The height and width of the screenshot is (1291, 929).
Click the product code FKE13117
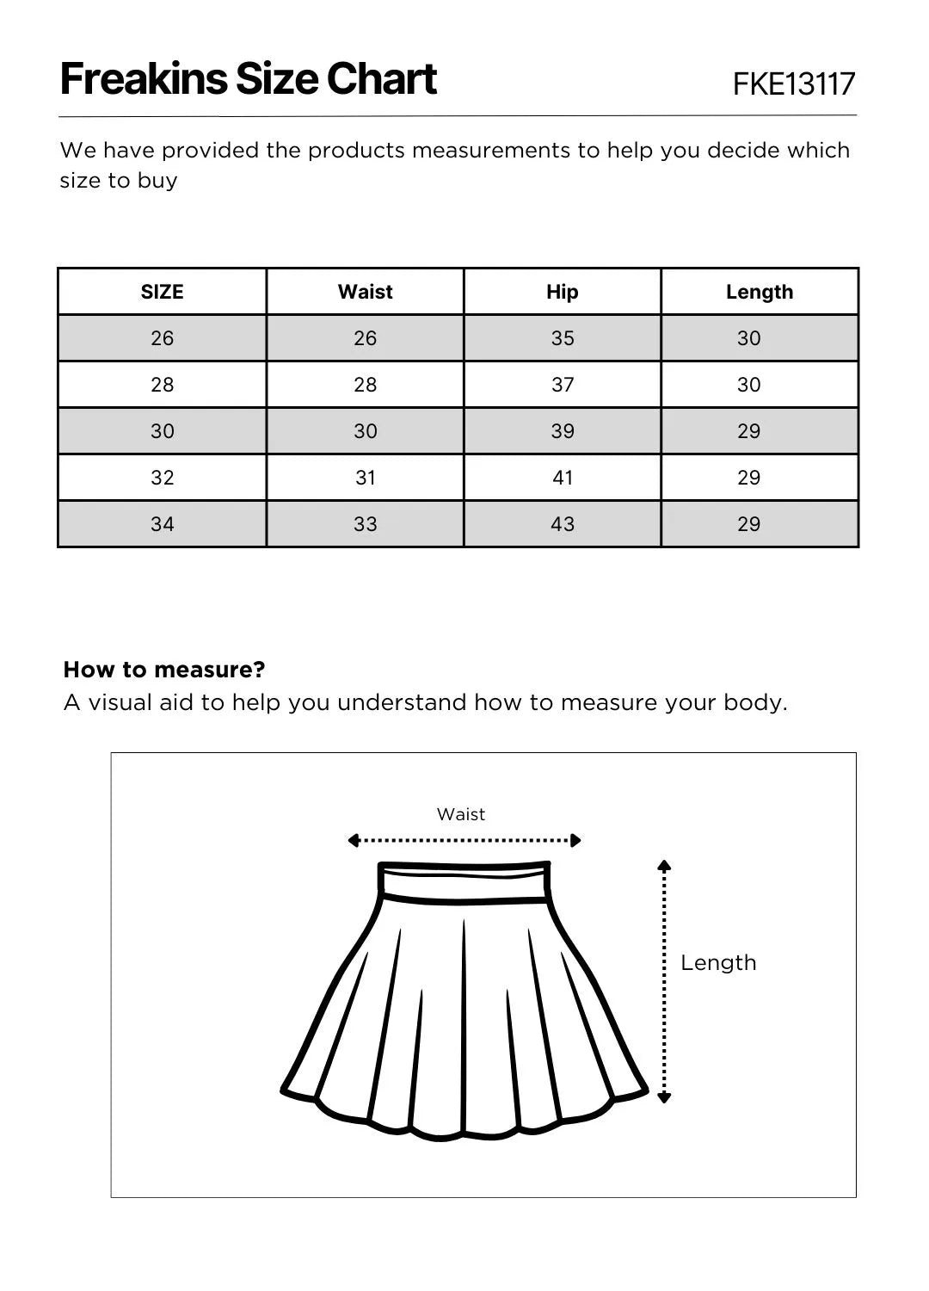(793, 84)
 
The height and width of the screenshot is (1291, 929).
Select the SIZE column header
(162, 292)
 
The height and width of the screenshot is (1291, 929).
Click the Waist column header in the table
(365, 292)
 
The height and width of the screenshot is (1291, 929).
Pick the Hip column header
(562, 292)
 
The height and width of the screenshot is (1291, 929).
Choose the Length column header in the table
(759, 292)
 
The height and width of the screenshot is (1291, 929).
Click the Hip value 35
(562, 338)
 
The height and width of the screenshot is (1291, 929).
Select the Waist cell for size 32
(365, 478)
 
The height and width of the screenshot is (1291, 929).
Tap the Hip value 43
(562, 524)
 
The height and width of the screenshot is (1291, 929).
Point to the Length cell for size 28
(748, 385)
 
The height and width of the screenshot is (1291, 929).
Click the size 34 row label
(162, 524)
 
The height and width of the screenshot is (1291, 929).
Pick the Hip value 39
(562, 431)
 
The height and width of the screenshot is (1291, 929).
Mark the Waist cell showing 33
(365, 524)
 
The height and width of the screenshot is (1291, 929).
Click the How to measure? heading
(164, 670)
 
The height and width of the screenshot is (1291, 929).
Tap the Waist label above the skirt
(461, 814)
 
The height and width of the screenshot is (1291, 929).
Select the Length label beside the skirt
(718, 962)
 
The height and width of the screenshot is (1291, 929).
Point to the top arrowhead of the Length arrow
(663, 865)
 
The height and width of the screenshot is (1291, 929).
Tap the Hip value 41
(562, 478)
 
